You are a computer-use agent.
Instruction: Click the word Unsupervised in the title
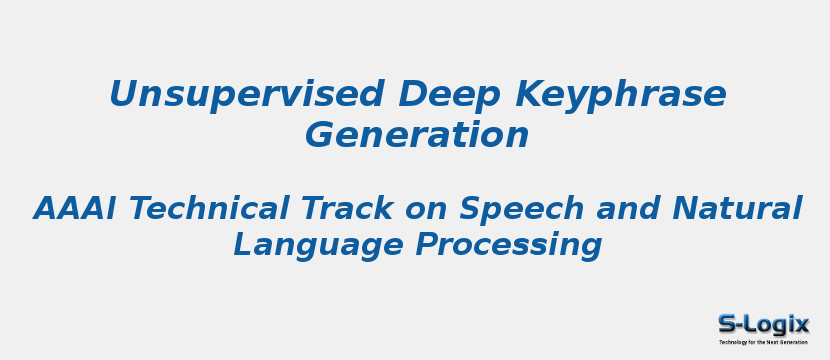click(246, 95)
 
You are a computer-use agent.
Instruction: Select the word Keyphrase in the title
click(620, 95)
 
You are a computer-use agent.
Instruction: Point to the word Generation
click(417, 134)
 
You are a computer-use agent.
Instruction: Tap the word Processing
click(509, 246)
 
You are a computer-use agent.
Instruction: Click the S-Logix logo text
click(763, 324)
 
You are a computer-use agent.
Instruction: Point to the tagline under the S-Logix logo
click(763, 342)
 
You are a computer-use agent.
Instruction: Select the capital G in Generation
click(321, 134)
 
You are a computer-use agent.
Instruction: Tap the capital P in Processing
click(430, 245)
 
